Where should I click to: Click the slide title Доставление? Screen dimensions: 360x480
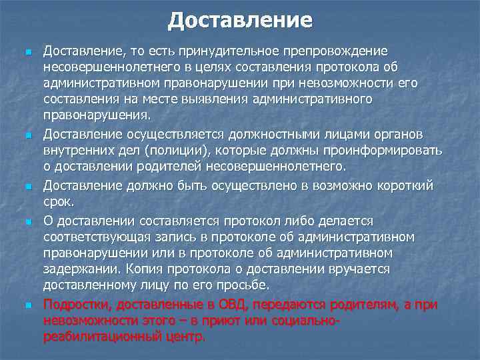pyautogui.click(x=240, y=20)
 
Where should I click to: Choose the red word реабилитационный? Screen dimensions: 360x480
pyautogui.click(x=99, y=337)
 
